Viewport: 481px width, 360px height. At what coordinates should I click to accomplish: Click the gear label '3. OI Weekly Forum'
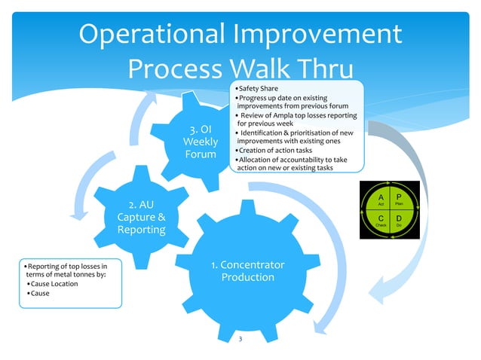point(201,142)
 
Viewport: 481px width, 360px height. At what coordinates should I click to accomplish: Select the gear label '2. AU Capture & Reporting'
point(136,217)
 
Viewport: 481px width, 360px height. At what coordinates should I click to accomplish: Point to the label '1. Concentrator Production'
point(247,272)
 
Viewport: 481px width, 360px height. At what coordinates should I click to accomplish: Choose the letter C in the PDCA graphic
point(381,215)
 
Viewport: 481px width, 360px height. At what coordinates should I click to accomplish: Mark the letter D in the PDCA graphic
point(399,215)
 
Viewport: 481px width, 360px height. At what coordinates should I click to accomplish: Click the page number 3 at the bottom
point(240,340)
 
